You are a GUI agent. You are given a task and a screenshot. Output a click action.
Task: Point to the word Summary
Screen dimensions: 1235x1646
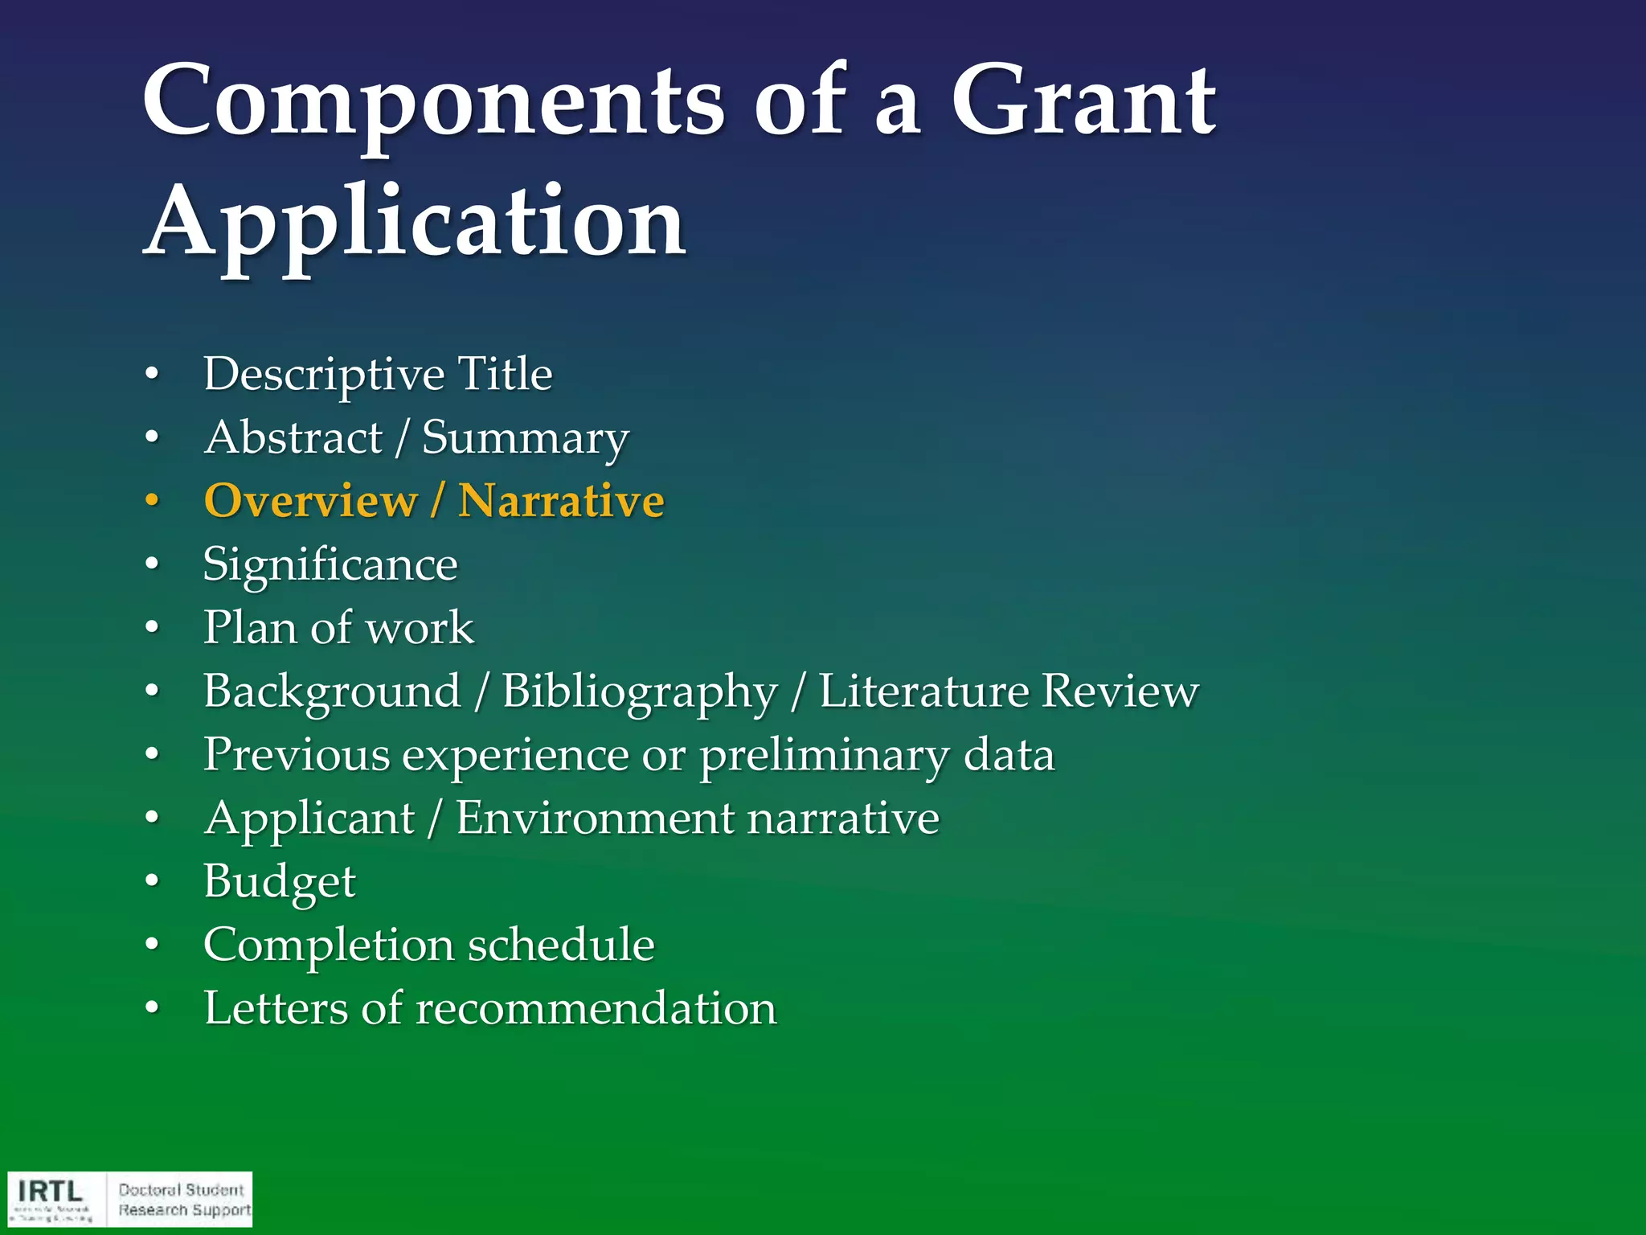pyautogui.click(x=525, y=439)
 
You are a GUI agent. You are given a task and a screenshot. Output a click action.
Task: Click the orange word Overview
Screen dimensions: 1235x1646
pyautogui.click(x=310, y=501)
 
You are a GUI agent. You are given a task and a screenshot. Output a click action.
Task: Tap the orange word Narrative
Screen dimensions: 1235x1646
pyautogui.click(x=561, y=501)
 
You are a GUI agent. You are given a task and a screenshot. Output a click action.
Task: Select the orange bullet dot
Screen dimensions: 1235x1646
pyautogui.click(x=152, y=501)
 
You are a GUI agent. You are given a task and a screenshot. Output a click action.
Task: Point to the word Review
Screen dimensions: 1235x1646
pyautogui.click(x=1120, y=691)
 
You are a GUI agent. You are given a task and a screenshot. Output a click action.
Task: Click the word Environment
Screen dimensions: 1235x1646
pyautogui.click(x=595, y=819)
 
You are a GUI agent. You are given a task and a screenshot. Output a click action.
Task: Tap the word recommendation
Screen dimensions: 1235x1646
pyautogui.click(x=596, y=1008)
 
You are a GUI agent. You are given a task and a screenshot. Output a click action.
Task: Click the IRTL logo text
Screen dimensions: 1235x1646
pyautogui.click(x=51, y=1191)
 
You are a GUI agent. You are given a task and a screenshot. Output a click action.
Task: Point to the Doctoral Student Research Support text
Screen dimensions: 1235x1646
pyautogui.click(x=184, y=1200)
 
